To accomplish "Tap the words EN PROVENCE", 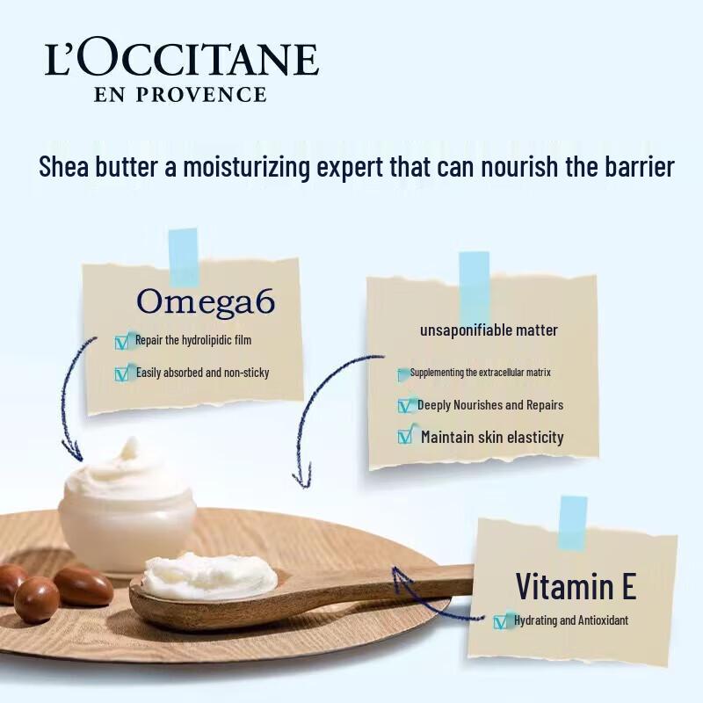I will [x=180, y=94].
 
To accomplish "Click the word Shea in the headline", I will [x=65, y=167].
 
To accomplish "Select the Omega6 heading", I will [x=206, y=301].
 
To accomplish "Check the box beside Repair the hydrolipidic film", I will [x=122, y=342].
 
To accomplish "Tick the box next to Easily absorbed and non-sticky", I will [x=122, y=373].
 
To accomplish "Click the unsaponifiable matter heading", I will [x=489, y=330].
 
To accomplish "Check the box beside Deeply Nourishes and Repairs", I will [x=405, y=405].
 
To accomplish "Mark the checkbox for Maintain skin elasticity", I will [x=405, y=436].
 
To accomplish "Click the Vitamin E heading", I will [x=576, y=585].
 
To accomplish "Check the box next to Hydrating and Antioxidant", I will [x=502, y=621].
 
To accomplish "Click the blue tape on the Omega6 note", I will [x=184, y=257].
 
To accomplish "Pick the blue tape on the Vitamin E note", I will [x=573, y=523].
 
